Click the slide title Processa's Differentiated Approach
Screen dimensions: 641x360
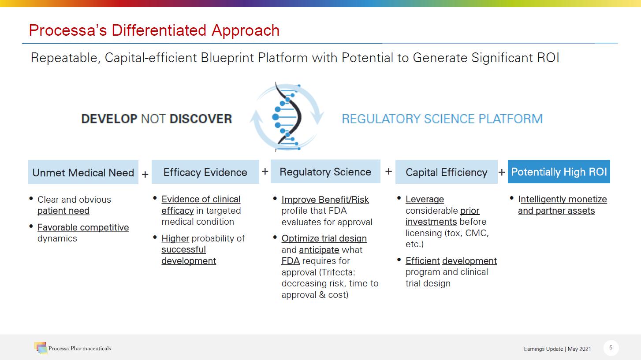(154, 30)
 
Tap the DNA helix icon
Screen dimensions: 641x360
(287, 117)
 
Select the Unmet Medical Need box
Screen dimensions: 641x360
(83, 172)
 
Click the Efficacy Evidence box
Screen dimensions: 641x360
(205, 172)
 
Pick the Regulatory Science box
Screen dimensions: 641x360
(325, 171)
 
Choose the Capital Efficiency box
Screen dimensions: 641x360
(447, 172)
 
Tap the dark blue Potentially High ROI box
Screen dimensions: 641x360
(559, 171)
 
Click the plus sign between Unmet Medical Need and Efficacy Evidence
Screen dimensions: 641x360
(145, 174)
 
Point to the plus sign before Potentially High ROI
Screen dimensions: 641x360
(502, 172)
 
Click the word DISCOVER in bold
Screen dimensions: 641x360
(201, 119)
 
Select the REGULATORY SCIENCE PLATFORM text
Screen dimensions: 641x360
(442, 119)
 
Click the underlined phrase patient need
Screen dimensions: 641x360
(63, 211)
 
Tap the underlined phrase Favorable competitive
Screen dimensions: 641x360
(83, 227)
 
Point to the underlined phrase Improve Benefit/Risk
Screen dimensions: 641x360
(325, 200)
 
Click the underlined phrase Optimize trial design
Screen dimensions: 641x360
(324, 238)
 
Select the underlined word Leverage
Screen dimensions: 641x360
(425, 199)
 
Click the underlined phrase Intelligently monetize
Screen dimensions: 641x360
(562, 199)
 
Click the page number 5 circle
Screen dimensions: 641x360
(611, 348)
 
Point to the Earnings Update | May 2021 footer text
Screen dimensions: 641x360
(557, 349)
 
